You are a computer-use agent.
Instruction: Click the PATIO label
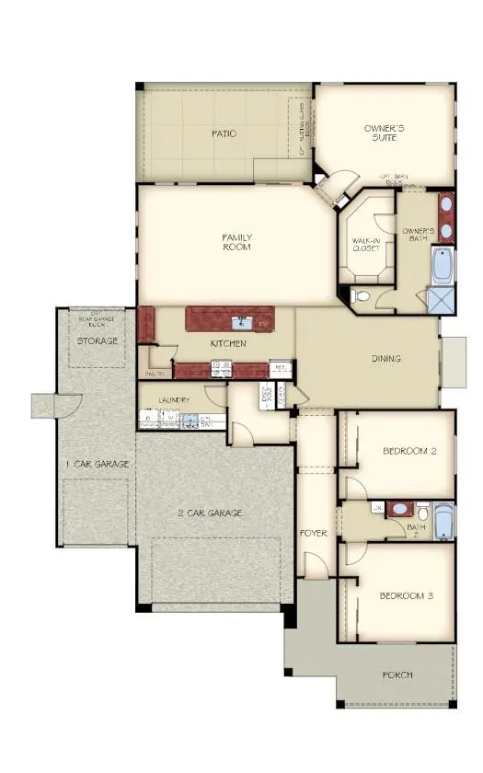(223, 134)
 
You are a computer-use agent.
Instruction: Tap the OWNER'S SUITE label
(385, 136)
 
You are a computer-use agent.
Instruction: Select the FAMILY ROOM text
(236, 242)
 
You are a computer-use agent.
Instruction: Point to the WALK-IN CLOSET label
(366, 244)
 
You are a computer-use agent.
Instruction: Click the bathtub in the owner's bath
(443, 265)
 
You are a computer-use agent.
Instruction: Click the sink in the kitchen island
(244, 321)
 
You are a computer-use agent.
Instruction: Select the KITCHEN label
(227, 343)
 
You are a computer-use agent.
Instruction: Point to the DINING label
(385, 359)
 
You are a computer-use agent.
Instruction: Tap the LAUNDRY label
(174, 400)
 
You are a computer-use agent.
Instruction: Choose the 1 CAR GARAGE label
(97, 464)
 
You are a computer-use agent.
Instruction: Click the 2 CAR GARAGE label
(210, 513)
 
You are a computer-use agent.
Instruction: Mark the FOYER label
(314, 533)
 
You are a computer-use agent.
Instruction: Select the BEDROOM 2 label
(408, 451)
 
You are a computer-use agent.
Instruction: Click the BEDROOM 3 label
(406, 596)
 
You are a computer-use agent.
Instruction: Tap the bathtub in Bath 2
(443, 524)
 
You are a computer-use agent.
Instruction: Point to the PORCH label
(397, 675)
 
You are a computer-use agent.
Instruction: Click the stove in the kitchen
(222, 368)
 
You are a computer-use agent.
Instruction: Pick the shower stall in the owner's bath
(441, 300)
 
